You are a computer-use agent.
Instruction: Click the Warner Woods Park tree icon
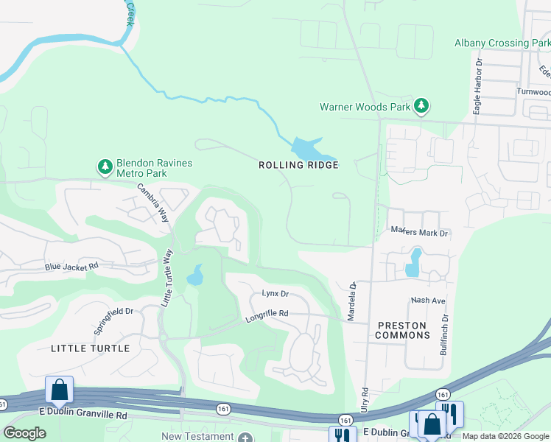421,107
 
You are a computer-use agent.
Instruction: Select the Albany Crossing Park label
502,43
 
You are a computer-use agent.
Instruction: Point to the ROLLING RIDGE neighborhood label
298,165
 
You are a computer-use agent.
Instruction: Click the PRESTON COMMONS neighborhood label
402,330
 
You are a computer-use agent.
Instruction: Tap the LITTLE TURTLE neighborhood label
90,348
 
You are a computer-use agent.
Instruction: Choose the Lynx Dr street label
275,293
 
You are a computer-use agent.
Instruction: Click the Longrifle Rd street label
266,314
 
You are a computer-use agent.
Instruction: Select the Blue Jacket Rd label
71,267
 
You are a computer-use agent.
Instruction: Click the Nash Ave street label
428,301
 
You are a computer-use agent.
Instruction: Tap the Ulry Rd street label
365,401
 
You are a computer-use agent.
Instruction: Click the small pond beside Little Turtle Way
195,276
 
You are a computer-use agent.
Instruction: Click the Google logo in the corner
24,433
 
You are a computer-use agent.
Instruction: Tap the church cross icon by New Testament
245,437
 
